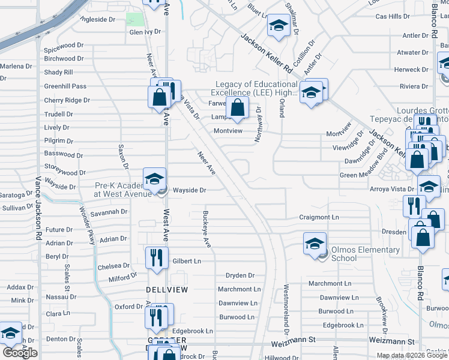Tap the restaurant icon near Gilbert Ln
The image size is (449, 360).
click(x=157, y=258)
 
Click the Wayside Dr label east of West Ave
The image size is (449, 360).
click(x=190, y=190)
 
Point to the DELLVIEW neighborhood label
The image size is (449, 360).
click(x=167, y=289)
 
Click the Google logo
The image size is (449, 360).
click(x=20, y=353)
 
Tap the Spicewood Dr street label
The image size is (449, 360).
click(x=64, y=45)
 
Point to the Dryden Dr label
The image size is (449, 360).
click(x=240, y=275)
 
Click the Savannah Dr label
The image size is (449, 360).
click(x=110, y=212)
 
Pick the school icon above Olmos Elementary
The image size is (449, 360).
click(x=314, y=244)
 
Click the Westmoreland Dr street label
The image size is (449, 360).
click(x=286, y=308)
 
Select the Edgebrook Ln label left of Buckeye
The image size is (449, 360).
click(x=193, y=331)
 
